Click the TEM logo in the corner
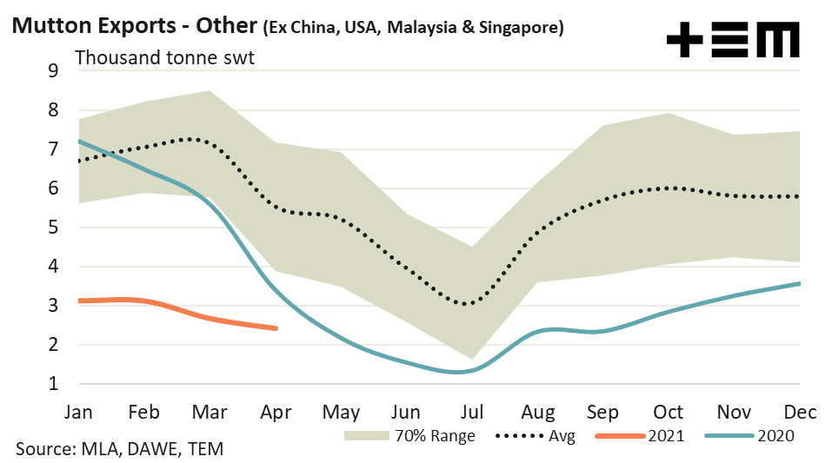pos(732,40)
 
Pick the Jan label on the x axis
pos(79,411)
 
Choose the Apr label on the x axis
pos(276,411)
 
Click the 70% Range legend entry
pos(409,435)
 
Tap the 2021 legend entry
pos(644,435)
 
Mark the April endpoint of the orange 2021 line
pos(276,328)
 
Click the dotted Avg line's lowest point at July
pos(467,304)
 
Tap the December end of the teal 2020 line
pos(799,283)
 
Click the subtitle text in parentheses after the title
pos(413,28)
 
